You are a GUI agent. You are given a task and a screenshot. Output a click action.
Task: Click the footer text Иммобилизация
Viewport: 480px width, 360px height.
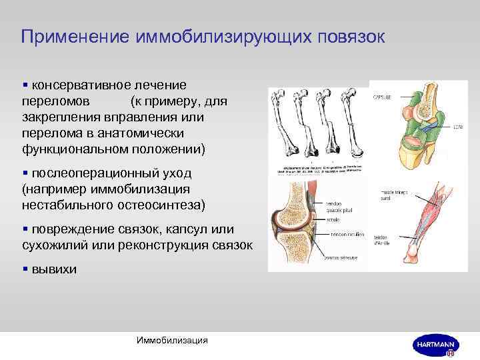[172, 341]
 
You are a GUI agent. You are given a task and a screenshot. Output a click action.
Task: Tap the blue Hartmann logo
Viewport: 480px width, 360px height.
[435, 344]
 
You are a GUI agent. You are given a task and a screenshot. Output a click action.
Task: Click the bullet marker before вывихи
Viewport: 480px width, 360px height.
[25, 269]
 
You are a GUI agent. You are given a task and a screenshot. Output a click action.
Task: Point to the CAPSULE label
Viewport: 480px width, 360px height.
[381, 96]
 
